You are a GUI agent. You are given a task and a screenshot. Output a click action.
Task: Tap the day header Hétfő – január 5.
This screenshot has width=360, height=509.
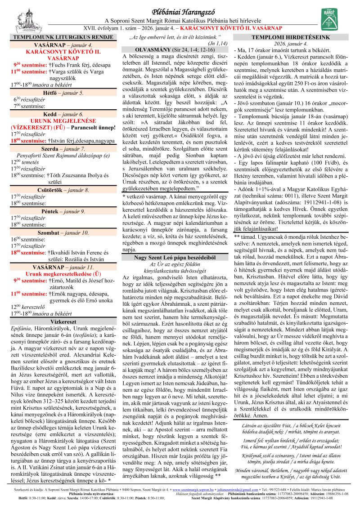[63, 93]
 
